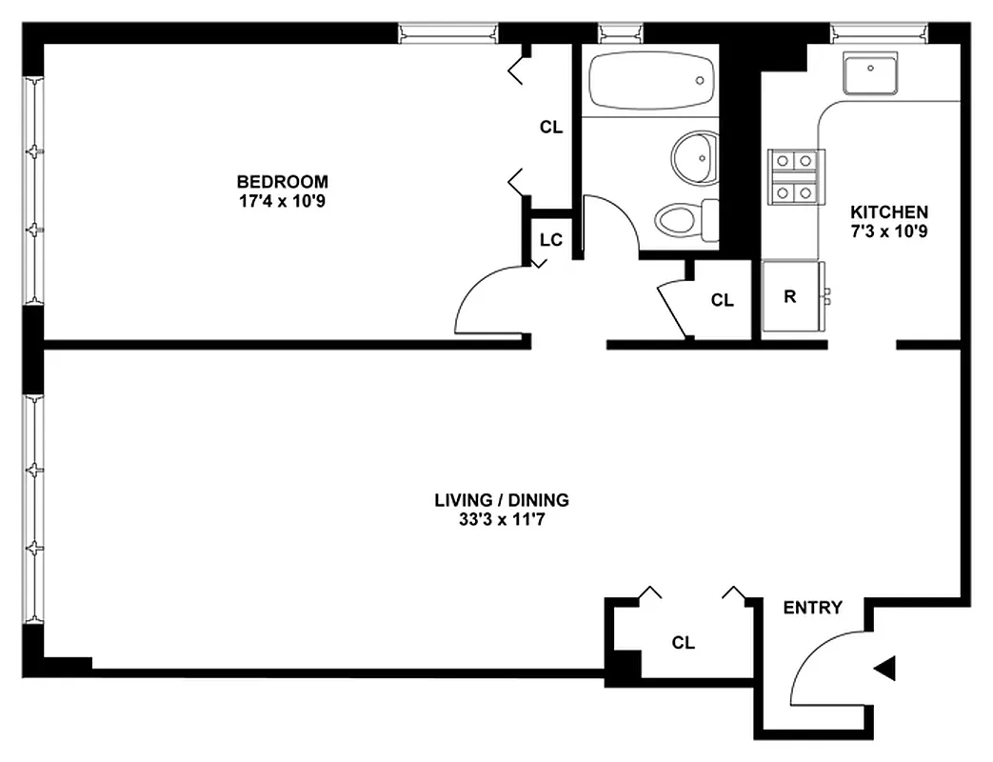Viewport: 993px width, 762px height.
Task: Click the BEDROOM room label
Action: click(282, 181)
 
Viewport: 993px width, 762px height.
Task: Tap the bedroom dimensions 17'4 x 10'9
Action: click(282, 201)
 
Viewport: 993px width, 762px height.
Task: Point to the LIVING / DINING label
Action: click(502, 499)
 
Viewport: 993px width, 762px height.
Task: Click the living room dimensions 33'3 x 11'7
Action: click(502, 520)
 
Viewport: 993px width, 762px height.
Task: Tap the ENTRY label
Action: click(812, 608)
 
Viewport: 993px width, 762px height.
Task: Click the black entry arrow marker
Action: click(884, 670)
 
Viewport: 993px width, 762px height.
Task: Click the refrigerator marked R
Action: click(790, 296)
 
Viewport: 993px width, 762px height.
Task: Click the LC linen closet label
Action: click(550, 239)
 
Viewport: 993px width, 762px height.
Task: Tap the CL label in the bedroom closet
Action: click(550, 127)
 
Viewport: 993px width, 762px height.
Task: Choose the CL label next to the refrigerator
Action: click(723, 301)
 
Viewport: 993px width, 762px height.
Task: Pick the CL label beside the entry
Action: click(683, 643)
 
